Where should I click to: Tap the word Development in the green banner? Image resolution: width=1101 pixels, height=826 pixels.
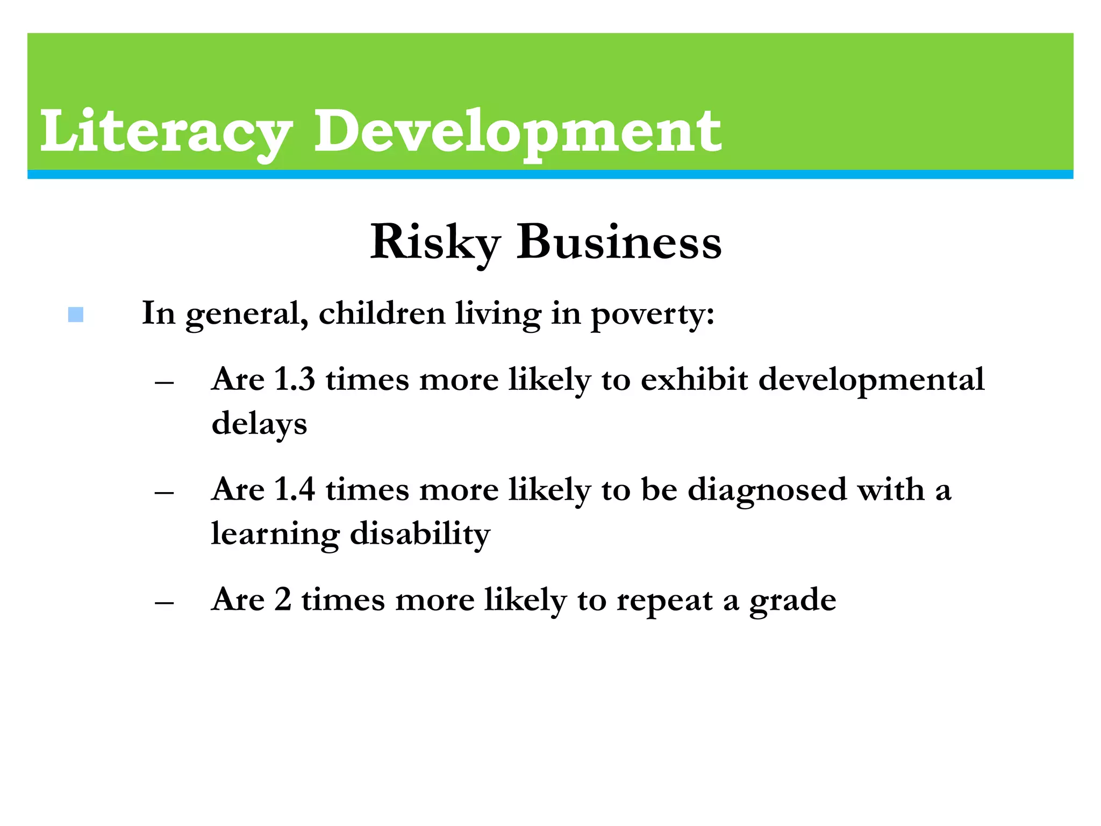click(517, 132)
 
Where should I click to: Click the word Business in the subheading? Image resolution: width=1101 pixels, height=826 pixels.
click(619, 243)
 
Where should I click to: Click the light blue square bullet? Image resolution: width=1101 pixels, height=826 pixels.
click(76, 315)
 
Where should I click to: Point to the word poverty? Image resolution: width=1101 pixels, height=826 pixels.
click(652, 315)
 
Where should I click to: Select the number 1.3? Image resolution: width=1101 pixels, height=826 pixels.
click(294, 380)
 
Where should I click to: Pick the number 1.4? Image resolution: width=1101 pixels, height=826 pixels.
click(294, 490)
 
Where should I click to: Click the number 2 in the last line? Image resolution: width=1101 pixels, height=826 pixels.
click(283, 600)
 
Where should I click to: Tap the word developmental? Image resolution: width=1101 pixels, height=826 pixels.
click(871, 380)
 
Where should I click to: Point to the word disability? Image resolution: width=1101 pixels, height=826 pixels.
click(420, 534)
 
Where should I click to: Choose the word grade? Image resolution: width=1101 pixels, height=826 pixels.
click(793, 601)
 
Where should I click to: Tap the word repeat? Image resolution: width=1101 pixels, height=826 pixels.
click(664, 601)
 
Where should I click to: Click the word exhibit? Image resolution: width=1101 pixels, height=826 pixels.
click(694, 380)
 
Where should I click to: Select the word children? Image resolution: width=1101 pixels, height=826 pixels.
click(382, 314)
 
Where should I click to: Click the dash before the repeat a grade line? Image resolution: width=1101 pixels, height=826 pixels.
click(164, 603)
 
